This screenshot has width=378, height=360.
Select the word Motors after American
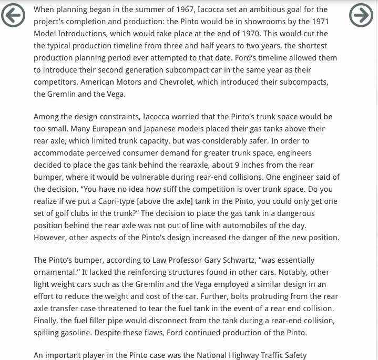pyautogui.click(x=129, y=82)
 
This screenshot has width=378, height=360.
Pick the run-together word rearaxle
pyautogui.click(x=184, y=165)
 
